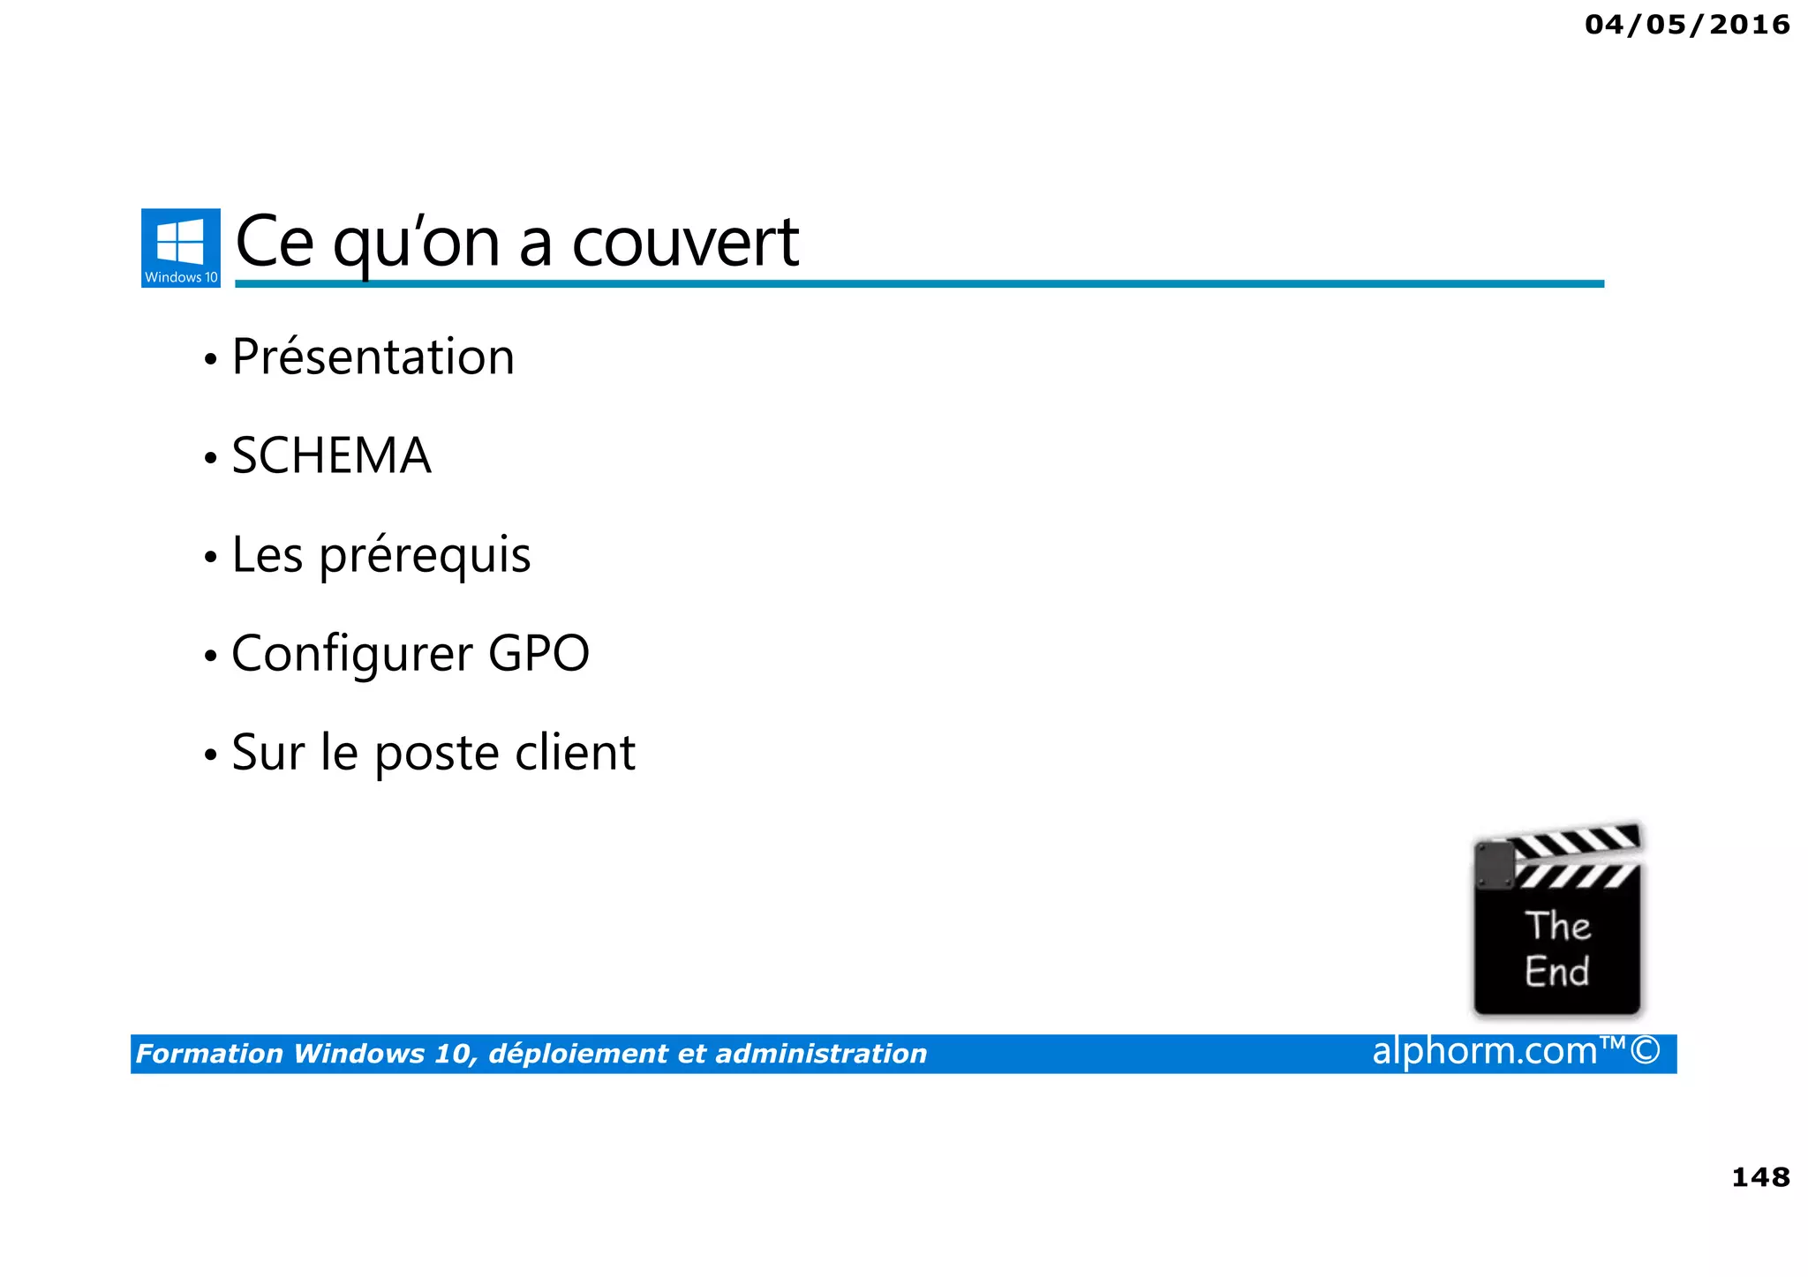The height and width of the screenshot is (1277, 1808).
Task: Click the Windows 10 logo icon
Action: (180, 247)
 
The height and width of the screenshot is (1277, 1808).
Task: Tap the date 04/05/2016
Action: (1687, 25)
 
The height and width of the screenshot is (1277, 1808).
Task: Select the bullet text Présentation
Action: (373, 357)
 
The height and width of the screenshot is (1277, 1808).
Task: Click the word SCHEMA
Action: (331, 456)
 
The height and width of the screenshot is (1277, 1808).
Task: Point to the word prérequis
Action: (425, 556)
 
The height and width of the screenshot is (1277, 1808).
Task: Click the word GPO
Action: (539, 654)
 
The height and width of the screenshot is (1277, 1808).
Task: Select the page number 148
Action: (1760, 1177)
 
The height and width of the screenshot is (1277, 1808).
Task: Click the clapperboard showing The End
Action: (1557, 921)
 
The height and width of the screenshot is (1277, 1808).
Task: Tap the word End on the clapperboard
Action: (1556, 972)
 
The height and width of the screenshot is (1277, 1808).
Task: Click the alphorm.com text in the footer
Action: (1485, 1051)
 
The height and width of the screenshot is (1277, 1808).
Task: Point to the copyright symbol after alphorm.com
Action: (1646, 1051)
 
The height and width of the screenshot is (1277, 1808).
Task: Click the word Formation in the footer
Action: (209, 1054)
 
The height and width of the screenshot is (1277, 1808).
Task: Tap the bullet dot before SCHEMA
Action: (210, 458)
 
